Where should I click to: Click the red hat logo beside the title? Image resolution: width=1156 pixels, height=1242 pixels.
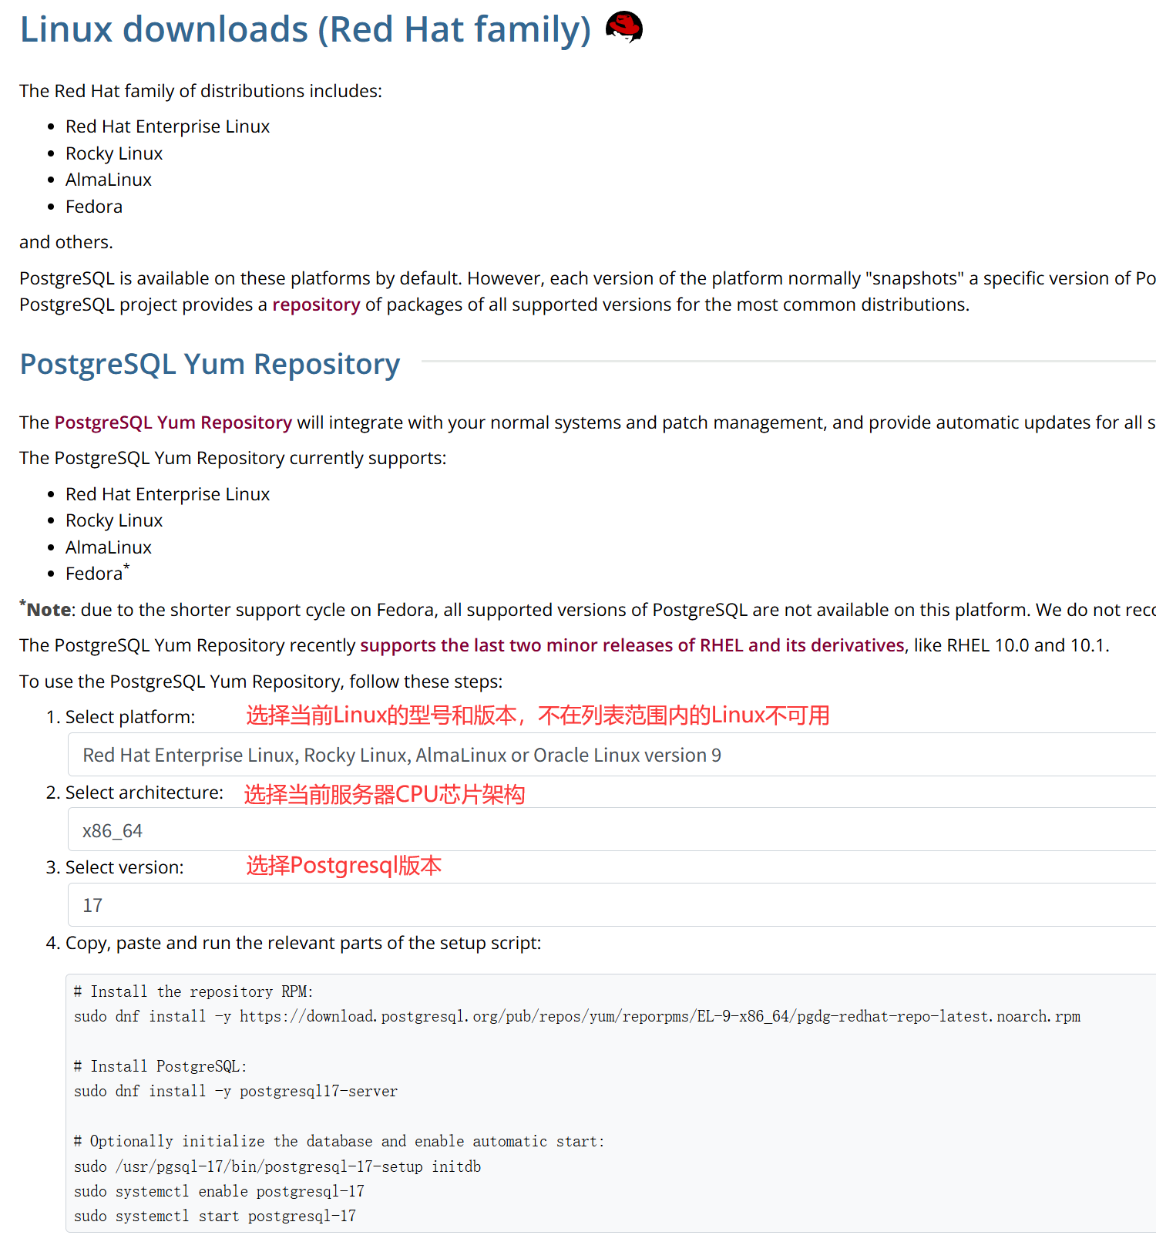[x=623, y=27]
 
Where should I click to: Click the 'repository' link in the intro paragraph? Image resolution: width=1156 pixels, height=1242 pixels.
[x=316, y=305]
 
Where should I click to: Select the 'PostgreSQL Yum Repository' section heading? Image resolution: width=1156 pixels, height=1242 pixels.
[x=210, y=364]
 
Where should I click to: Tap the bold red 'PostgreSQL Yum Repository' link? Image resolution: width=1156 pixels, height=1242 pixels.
[x=173, y=422]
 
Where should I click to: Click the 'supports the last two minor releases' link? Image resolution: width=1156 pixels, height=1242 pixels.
[x=632, y=645]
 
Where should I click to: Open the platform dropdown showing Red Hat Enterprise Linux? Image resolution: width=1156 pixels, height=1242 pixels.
[x=609, y=755]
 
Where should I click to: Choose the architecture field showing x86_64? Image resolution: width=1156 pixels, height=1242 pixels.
[x=609, y=830]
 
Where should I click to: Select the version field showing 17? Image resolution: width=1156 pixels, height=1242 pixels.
[x=609, y=905]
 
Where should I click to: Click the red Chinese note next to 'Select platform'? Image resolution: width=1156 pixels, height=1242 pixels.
[x=537, y=715]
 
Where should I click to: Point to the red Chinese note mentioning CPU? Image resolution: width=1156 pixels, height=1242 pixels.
[x=384, y=794]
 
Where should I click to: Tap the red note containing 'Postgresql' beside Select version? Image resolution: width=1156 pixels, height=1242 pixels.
[x=344, y=866]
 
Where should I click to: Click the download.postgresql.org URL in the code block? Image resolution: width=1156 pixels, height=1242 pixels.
[x=660, y=1016]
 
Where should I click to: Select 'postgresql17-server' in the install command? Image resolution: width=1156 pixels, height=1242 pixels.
[x=318, y=1091]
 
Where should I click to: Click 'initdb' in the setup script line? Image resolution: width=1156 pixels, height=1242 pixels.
[x=456, y=1166]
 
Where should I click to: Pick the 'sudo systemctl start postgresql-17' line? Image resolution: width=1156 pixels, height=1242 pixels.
[x=215, y=1216]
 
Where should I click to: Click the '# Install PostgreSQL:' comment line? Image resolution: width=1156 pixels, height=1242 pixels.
[x=160, y=1066]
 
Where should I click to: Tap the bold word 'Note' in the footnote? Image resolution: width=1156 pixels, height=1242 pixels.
[x=49, y=610]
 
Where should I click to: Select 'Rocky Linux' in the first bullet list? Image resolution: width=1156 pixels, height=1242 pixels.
[x=114, y=153]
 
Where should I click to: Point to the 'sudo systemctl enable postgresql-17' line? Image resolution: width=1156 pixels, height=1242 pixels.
[x=219, y=1191]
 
